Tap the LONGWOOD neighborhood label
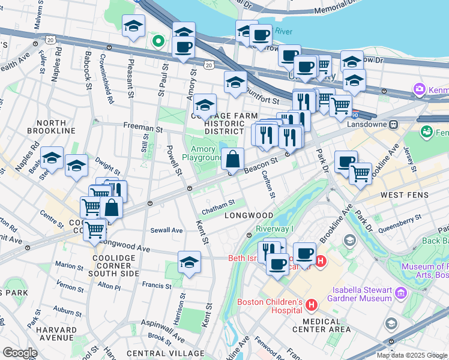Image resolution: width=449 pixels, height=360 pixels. tap(249, 215)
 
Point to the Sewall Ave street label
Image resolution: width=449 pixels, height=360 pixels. tap(167, 230)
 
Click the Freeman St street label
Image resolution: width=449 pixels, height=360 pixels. tap(143, 127)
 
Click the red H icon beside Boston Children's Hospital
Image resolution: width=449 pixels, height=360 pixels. tap(311, 305)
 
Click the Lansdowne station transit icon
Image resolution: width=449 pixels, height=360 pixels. tap(394, 124)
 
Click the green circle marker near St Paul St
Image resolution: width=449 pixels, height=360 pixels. tap(158, 41)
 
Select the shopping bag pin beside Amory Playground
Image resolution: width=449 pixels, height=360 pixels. tap(232, 159)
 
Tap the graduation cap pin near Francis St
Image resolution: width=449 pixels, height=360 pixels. tap(189, 262)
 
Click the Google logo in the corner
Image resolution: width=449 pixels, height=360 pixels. tap(19, 353)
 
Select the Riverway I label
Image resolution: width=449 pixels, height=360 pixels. tap(274, 229)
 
